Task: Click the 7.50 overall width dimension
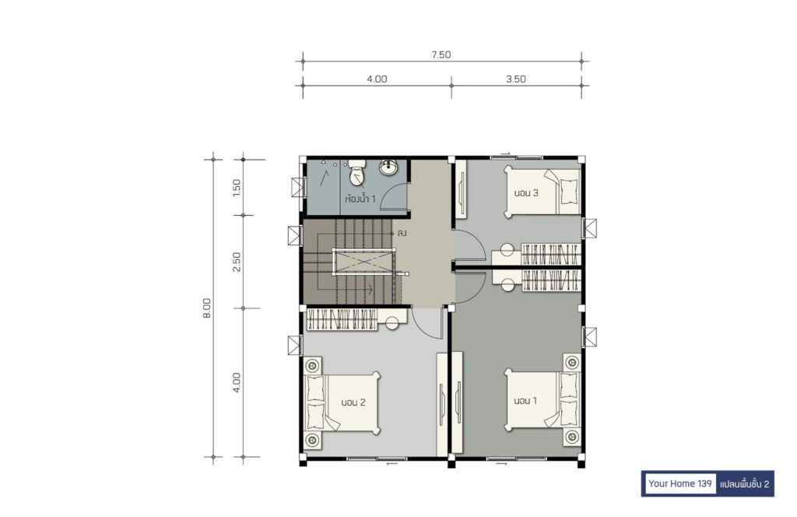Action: point(441,55)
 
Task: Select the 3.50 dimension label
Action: point(515,79)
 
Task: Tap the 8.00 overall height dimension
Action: point(207,308)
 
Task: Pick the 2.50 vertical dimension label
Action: point(237,262)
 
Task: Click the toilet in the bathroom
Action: point(358,173)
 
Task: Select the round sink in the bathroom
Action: point(389,167)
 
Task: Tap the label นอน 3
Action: point(526,193)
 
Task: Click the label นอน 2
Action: point(353,403)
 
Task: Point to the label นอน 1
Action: point(525,400)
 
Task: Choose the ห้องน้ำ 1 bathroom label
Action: point(360,199)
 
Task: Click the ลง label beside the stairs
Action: point(402,234)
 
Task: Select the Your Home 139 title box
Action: point(680,484)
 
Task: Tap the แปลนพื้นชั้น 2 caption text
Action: point(745,484)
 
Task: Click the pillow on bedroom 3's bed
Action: point(569,192)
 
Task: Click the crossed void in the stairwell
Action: point(364,262)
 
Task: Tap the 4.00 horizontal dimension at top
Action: point(377,79)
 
